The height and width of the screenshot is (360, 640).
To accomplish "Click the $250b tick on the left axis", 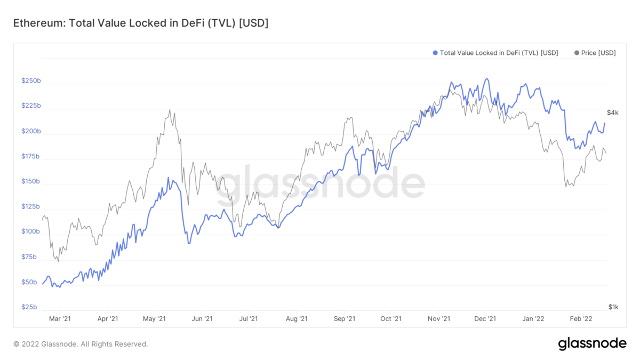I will (x=31, y=81).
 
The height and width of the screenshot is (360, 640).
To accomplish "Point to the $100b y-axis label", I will (x=31, y=231).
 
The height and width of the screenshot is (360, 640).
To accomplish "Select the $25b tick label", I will (x=29, y=307).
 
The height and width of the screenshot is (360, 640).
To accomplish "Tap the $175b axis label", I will (x=31, y=156).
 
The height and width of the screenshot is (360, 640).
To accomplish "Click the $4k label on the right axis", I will (x=612, y=113).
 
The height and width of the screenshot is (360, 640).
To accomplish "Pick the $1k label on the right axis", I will (x=613, y=307).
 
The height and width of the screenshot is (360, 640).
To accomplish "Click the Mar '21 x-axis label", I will (x=60, y=319).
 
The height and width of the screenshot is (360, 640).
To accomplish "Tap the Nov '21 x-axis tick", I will (x=439, y=319).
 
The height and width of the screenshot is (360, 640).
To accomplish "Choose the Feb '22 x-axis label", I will (x=581, y=319).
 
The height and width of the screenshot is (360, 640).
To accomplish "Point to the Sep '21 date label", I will (x=344, y=319).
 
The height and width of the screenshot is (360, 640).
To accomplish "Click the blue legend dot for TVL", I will (x=435, y=53).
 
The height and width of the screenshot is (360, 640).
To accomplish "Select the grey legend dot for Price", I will (x=577, y=53).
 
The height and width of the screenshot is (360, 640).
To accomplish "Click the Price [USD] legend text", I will (x=598, y=53).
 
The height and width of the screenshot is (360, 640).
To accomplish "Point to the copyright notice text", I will (x=81, y=344).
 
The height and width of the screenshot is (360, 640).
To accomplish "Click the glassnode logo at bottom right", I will (x=592, y=344).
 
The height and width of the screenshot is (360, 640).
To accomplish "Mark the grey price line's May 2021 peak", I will (x=170, y=110).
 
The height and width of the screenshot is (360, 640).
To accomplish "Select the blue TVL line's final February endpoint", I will (x=604, y=123).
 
